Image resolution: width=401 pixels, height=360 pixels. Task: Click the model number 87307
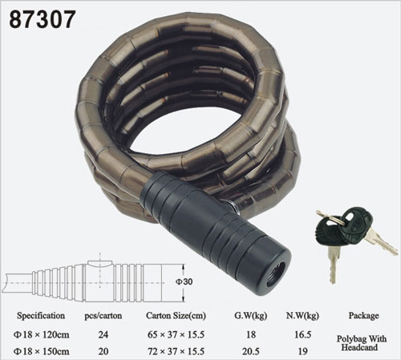pyautogui.click(x=43, y=19)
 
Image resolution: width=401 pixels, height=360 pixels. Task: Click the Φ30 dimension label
pyautogui.click(x=184, y=281)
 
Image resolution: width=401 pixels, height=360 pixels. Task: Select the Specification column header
pyautogui.click(x=41, y=316)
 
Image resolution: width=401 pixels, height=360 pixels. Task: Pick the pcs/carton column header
pyautogui.click(x=103, y=316)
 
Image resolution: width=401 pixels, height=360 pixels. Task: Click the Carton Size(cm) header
pyautogui.click(x=176, y=316)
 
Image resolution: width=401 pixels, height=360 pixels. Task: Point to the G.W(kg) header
pyautogui.click(x=251, y=316)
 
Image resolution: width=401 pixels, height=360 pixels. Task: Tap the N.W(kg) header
pyautogui.click(x=302, y=316)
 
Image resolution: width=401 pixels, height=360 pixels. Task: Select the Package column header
pyautogui.click(x=363, y=316)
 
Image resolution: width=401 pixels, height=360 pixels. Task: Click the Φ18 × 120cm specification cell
pyautogui.click(x=42, y=334)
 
